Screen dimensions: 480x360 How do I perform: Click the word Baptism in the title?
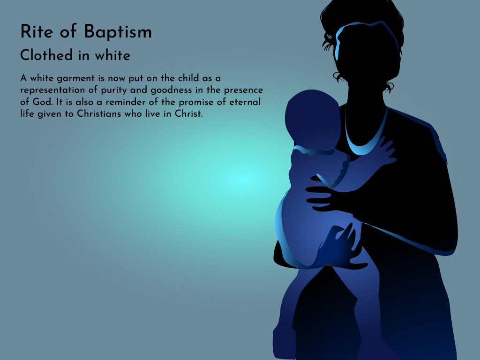(x=118, y=32)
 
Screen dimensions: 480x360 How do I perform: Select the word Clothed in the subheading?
(x=46, y=55)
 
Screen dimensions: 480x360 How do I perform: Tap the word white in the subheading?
(x=112, y=55)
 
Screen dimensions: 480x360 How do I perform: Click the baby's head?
(x=312, y=120)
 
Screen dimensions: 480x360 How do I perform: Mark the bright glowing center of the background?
(x=243, y=179)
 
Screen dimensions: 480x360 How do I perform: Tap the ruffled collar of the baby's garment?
(x=314, y=150)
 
